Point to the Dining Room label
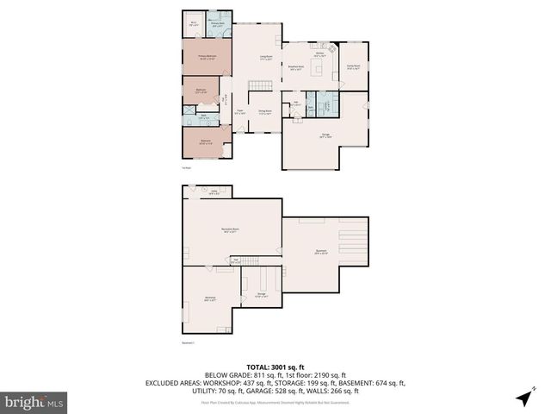coord(265,111)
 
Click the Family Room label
coord(353,66)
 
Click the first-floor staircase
coord(260,86)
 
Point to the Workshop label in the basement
coord(209,299)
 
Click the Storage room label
coord(262,295)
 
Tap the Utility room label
coord(214,193)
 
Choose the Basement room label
coord(320,253)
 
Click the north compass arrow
coord(524,398)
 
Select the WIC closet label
coord(194,24)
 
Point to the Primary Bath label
coord(218,24)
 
